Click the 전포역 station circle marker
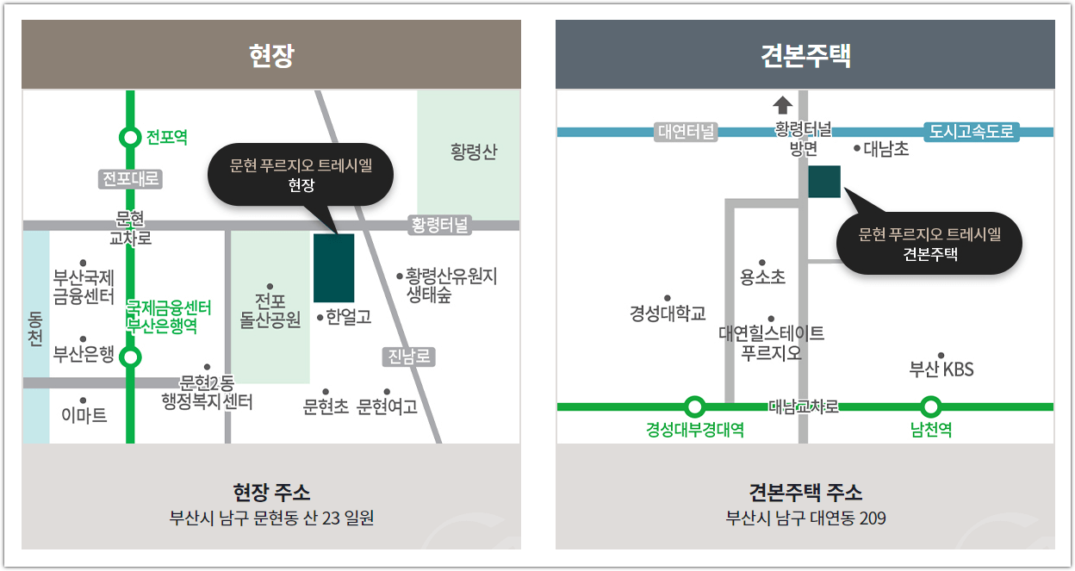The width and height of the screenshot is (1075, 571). [x=130, y=137]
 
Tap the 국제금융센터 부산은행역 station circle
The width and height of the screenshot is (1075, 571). [x=130, y=357]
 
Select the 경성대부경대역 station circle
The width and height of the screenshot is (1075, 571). [x=695, y=407]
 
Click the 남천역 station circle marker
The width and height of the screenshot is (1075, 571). [x=930, y=407]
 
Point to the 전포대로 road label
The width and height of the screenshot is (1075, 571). [x=131, y=179]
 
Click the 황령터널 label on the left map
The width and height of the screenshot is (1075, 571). [x=440, y=226]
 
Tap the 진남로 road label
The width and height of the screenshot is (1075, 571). [x=408, y=357]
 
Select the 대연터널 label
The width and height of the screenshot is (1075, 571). [x=687, y=132]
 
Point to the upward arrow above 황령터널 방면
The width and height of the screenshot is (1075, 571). [x=782, y=105]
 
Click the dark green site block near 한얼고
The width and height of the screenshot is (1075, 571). [x=333, y=268]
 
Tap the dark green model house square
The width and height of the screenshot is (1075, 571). [x=824, y=182]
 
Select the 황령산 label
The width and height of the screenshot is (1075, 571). [x=474, y=152]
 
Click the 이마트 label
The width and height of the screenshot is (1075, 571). [x=84, y=415]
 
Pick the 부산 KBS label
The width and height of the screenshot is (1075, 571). [x=941, y=369]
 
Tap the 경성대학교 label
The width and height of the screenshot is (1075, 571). [x=668, y=313]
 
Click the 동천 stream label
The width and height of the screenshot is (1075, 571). [x=35, y=327]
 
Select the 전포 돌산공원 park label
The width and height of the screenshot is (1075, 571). [x=270, y=311]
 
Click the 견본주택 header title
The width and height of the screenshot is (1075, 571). [x=805, y=56]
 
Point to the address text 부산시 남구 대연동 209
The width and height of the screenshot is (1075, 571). [x=805, y=518]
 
